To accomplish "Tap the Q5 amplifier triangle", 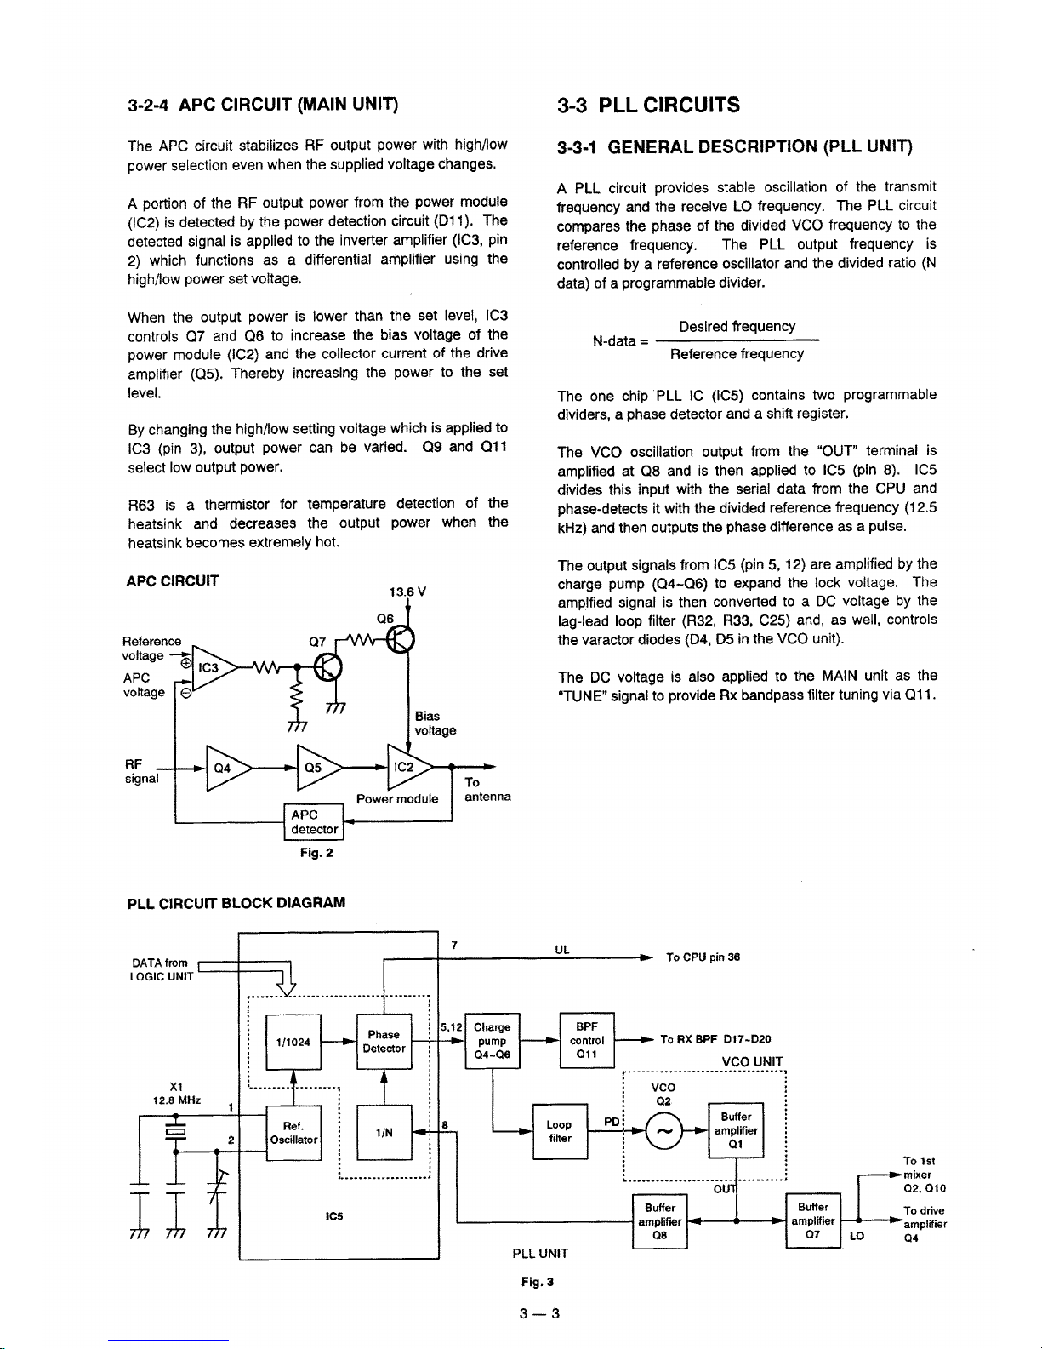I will [314, 767].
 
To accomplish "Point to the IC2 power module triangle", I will [406, 767].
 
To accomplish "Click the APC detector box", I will [314, 822].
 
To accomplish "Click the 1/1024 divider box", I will [293, 1042].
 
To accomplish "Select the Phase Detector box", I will [384, 1042].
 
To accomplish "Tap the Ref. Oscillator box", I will [293, 1132].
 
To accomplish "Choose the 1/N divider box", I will [384, 1132].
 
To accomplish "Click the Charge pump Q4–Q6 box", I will [493, 1041].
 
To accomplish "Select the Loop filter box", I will [559, 1131].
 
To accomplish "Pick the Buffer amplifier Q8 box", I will [659, 1220].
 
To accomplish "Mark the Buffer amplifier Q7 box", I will [813, 1220].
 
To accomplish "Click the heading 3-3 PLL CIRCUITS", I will [648, 106].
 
